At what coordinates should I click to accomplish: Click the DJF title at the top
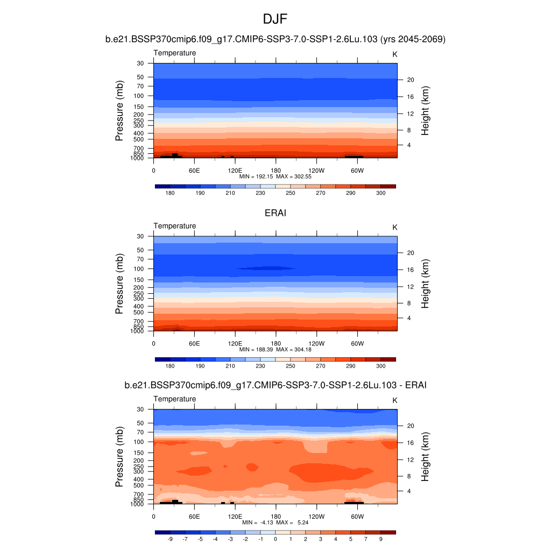[x=275, y=20]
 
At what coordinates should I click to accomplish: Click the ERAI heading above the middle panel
[x=275, y=213]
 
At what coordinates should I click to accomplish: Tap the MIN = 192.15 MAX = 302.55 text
[x=275, y=176]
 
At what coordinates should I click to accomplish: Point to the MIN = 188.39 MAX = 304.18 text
[x=275, y=349]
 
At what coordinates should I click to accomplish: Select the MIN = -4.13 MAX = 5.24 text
[x=275, y=522]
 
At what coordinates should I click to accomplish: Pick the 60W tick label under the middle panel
[x=357, y=343]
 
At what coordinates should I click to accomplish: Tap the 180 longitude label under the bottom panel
[x=275, y=517]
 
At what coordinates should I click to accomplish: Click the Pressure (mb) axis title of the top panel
[x=119, y=111]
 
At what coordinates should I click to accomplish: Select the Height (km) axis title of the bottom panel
[x=425, y=457]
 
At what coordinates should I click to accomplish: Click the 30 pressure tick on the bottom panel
[x=140, y=409]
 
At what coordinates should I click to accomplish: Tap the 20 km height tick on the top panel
[x=409, y=80]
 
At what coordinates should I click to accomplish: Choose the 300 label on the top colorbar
[x=380, y=193]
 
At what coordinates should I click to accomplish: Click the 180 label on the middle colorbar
[x=170, y=366]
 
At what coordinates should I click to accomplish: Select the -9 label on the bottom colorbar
[x=170, y=539]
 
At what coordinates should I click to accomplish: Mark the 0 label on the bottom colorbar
[x=275, y=539]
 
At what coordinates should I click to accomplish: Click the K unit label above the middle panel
[x=395, y=227]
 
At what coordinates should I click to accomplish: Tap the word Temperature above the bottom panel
[x=175, y=399]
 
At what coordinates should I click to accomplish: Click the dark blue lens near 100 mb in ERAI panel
[x=266, y=268]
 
